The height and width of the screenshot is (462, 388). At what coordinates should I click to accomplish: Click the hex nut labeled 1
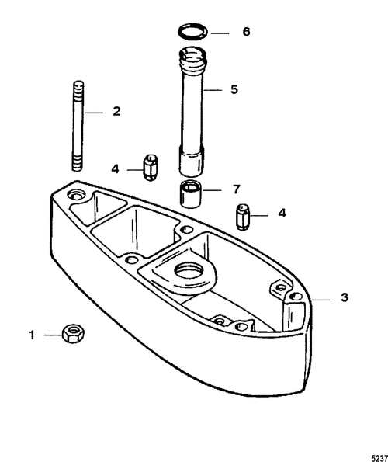pos(74,333)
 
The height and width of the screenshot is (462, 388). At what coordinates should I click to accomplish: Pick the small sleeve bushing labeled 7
pos(191,194)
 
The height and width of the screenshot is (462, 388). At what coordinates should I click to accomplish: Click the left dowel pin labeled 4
pos(151,167)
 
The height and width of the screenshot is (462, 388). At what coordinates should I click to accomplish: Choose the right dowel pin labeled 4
pos(244,217)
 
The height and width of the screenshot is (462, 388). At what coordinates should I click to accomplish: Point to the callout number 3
pos(344,297)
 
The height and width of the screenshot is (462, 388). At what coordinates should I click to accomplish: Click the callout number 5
pos(234,89)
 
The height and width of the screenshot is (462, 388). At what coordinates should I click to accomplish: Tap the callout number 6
pos(246,32)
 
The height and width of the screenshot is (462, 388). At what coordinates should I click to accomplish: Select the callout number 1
pos(32,335)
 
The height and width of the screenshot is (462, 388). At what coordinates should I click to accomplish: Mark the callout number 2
pos(116,111)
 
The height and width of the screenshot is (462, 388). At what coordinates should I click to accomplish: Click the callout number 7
pos(237,189)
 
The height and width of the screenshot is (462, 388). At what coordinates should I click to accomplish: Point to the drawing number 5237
pos(379,458)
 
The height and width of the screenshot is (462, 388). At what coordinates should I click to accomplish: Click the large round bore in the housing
pos(189,270)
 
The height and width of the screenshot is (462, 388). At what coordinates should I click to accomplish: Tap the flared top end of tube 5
pos(192,59)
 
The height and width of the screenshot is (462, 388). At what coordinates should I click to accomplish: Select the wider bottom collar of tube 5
pos(191,161)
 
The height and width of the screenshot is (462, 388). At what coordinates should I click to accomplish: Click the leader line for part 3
pos(321,300)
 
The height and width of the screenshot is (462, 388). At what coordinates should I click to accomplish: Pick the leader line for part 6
pos(220,33)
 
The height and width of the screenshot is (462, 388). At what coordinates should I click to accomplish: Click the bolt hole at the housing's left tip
pos(76,195)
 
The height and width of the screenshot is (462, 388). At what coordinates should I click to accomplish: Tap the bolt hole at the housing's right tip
pos(296,297)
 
